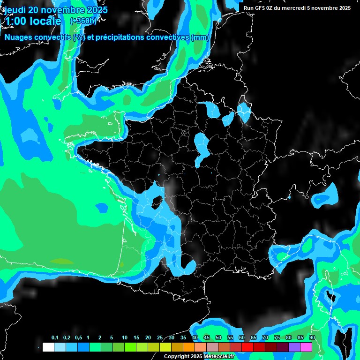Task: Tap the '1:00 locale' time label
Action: (x=33, y=21)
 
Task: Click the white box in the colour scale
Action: (x=48, y=347)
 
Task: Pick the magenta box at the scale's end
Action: (x=306, y=347)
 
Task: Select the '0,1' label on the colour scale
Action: (x=55, y=338)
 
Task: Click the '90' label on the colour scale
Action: (x=312, y=338)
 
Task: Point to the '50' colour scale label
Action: (x=218, y=338)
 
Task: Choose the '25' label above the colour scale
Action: (x=160, y=338)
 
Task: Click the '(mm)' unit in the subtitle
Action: (x=200, y=37)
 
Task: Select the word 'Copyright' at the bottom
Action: (x=177, y=357)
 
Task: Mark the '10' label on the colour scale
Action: (x=125, y=338)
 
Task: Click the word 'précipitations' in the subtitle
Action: (x=123, y=37)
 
